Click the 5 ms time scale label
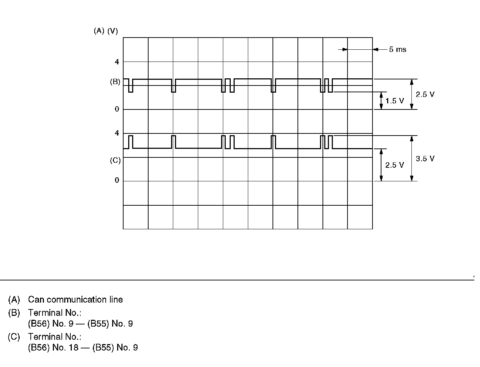point(397,49)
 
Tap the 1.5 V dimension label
point(395,101)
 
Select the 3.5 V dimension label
point(425,158)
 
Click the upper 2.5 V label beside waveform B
point(425,94)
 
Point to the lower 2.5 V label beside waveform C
point(395,165)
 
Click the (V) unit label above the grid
point(112,31)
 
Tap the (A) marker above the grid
point(99,31)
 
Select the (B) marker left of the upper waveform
point(115,82)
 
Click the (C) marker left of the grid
point(115,161)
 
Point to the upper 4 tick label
point(117,62)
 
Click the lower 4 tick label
point(117,133)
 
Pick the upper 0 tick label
point(117,109)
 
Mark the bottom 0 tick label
point(117,180)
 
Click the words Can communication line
point(75,300)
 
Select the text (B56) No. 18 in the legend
point(53,347)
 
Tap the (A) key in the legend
point(14,300)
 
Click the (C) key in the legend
point(14,337)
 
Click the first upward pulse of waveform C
point(130,142)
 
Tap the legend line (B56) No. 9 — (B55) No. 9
point(80,324)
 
